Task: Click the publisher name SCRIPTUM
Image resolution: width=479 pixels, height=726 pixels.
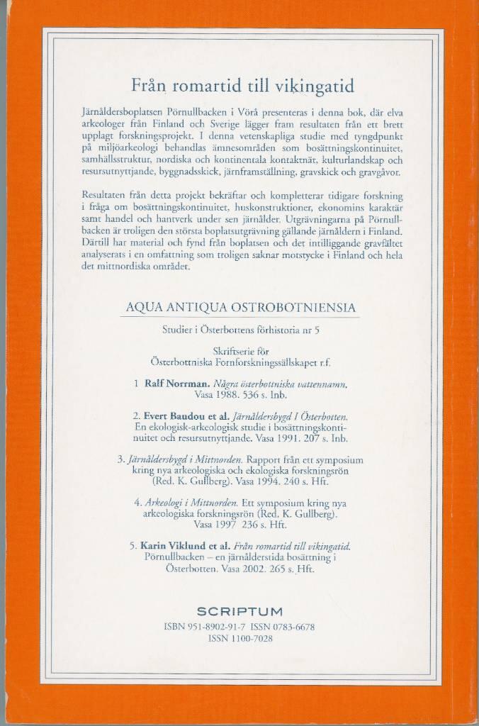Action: pyautogui.click(x=239, y=611)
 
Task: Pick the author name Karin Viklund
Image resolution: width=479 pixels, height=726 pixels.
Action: pyautogui.click(x=171, y=546)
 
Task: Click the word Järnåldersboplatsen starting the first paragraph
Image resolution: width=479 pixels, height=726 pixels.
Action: pyautogui.click(x=124, y=113)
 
